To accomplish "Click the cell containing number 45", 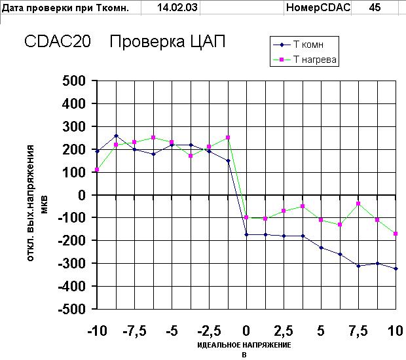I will tap(375, 8).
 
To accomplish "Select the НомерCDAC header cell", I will tap(318, 8).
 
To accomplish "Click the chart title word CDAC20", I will tap(58, 42).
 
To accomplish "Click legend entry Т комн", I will tap(308, 45).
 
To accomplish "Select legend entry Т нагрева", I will tap(315, 60).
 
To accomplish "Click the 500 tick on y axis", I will tap(74, 81).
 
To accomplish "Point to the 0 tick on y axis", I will tap(82, 195).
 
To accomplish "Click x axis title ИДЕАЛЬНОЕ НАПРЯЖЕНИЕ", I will tap(244, 345).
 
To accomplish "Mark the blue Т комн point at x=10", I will tap(396, 268).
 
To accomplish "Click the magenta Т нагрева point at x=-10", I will tap(97, 170).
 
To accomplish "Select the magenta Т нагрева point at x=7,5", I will tap(359, 204).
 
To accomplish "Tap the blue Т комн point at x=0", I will tap(246, 234).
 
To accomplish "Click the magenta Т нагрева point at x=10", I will tap(396, 234).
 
